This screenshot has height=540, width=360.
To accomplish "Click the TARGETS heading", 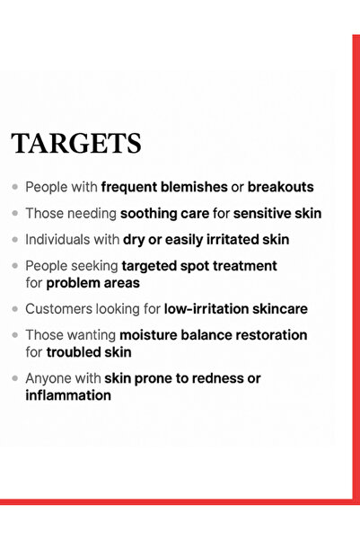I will (x=76, y=144).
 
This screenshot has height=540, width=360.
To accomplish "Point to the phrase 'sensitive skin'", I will (x=277, y=214).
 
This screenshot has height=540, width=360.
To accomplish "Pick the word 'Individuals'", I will (x=57, y=240).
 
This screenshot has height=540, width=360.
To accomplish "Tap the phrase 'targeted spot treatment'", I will (x=199, y=266).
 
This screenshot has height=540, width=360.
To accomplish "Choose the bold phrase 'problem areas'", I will (x=92, y=283).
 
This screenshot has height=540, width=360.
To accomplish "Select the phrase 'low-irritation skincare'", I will (x=235, y=309).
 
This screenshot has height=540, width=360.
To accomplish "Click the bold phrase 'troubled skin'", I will (x=88, y=352).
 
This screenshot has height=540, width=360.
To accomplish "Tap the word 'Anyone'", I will (x=48, y=378).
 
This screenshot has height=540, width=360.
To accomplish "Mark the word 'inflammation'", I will (x=68, y=395).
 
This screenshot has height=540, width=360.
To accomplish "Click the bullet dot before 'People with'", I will (x=15, y=188).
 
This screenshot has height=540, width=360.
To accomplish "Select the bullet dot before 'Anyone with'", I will (x=15, y=378).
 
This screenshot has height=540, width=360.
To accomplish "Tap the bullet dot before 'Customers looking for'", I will (x=15, y=309).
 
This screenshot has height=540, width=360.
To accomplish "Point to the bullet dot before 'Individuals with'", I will (x=15, y=240).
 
